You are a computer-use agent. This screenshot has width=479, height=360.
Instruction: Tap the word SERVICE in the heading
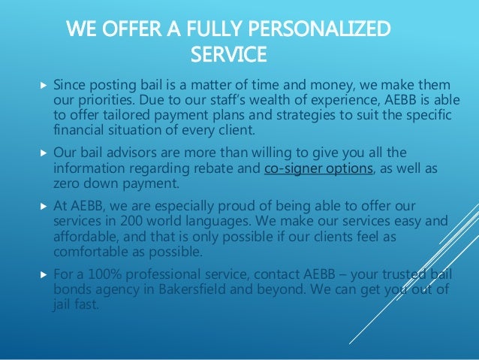(229, 55)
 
